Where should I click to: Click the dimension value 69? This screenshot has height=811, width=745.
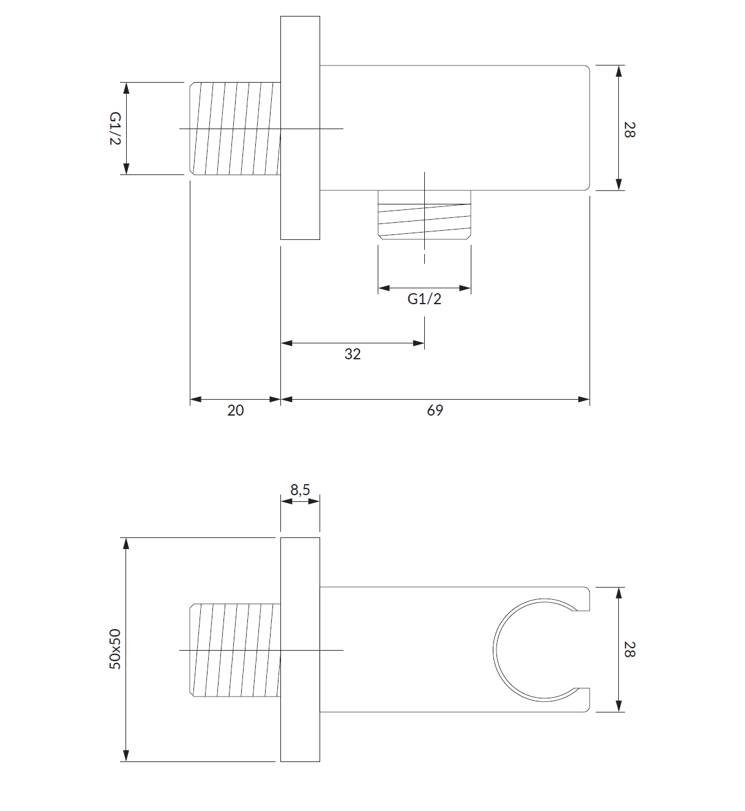[x=435, y=410]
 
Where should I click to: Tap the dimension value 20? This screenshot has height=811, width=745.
[x=236, y=410]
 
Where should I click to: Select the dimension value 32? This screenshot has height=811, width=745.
[x=352, y=354]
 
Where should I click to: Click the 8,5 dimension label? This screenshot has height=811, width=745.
[x=300, y=490]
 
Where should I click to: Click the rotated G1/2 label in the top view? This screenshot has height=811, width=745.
[x=115, y=129]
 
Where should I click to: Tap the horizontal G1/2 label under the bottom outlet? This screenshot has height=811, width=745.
[x=424, y=299]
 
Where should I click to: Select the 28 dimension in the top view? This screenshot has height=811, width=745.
[x=629, y=129]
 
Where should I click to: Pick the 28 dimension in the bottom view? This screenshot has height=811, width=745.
[x=629, y=649]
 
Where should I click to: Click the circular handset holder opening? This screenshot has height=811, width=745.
[x=493, y=649]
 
